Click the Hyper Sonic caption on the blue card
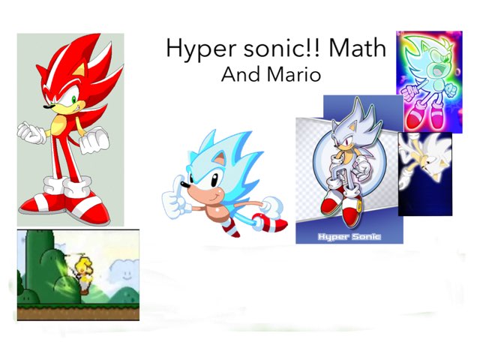[x=349, y=236]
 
